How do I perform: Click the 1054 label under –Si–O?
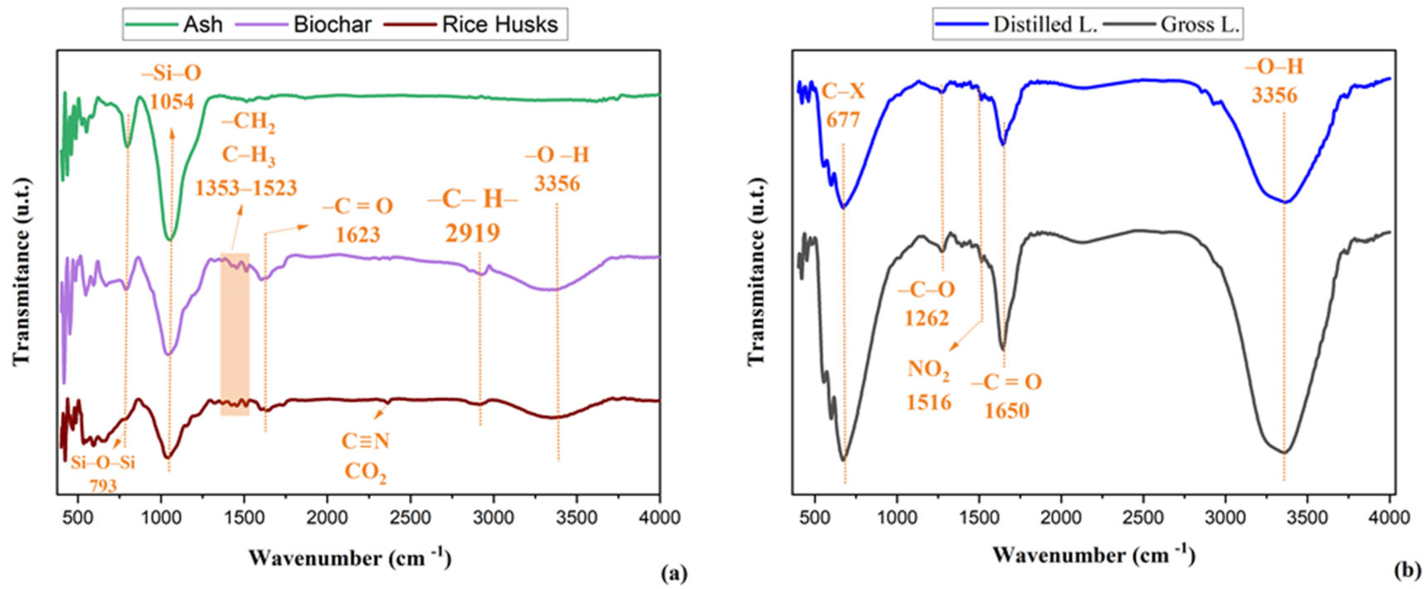click(172, 101)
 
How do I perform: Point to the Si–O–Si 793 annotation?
click(103, 473)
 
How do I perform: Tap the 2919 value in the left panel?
click(472, 234)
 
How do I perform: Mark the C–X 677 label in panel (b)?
click(843, 105)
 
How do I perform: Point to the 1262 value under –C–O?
click(927, 318)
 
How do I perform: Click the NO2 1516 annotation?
click(929, 385)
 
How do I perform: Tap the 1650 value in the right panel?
click(1006, 411)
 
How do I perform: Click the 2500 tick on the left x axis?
click(410, 518)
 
